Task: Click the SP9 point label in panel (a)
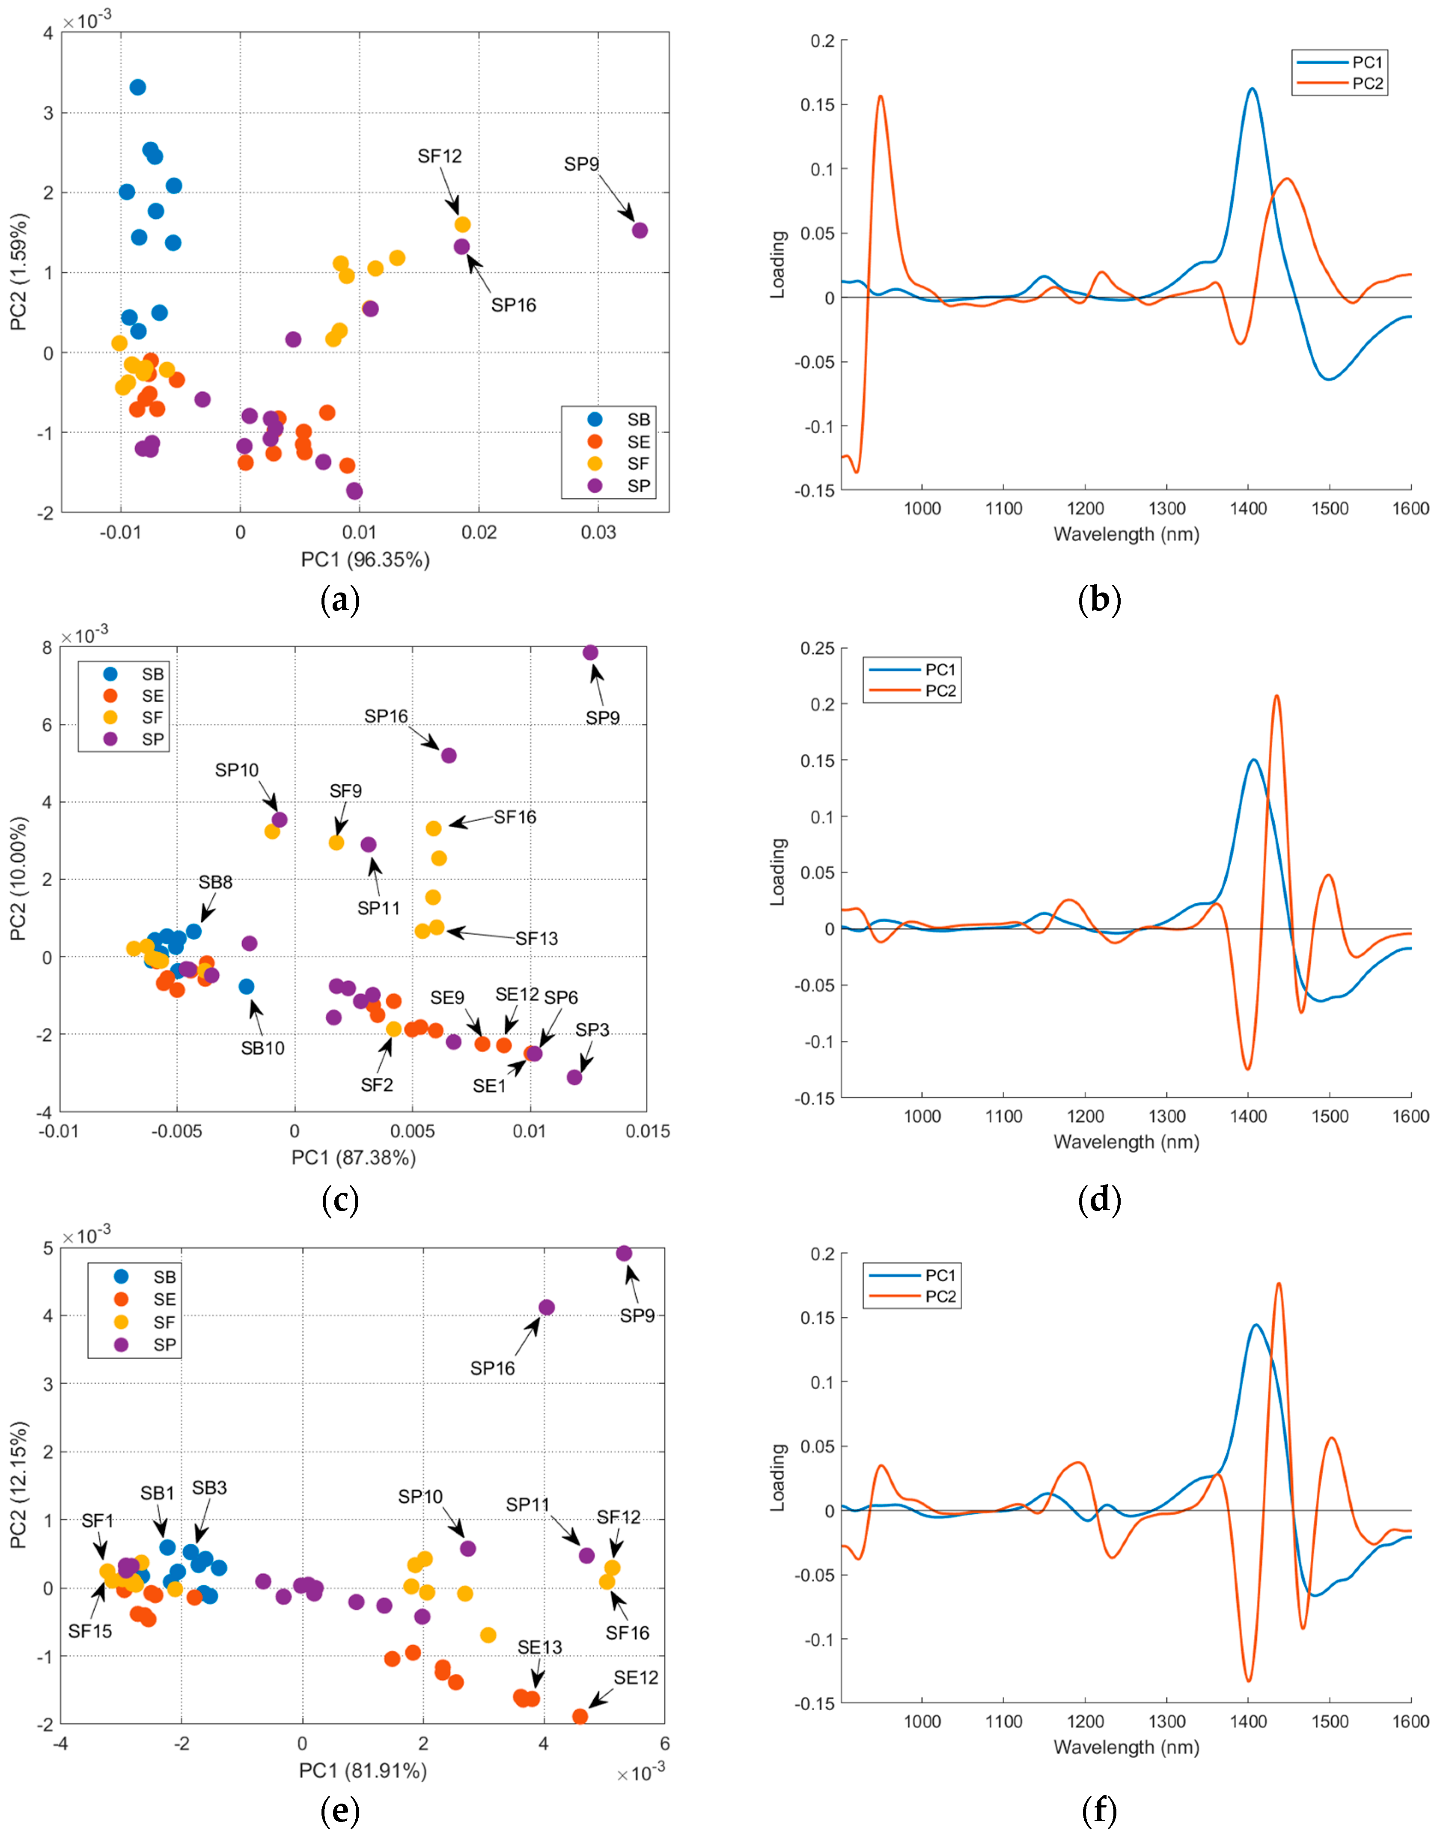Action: click(581, 164)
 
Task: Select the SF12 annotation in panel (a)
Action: click(439, 156)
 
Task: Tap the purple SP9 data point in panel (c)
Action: click(590, 652)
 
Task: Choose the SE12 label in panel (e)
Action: click(636, 1678)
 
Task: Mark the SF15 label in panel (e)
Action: click(90, 1632)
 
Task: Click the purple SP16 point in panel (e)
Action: click(546, 1307)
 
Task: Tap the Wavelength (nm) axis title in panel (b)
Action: click(1125, 534)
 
